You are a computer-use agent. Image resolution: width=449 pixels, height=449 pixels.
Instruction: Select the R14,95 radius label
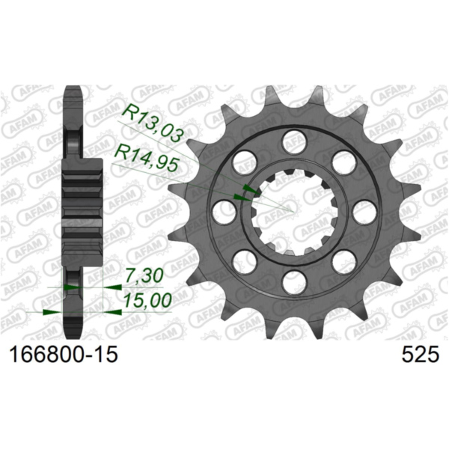coord(147,157)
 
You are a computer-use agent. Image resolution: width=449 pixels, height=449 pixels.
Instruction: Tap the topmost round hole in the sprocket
coord(293,141)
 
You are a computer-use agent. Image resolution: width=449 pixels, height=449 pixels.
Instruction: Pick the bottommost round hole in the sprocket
coord(293,282)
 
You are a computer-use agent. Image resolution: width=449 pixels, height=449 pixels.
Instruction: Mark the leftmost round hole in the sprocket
coord(223,212)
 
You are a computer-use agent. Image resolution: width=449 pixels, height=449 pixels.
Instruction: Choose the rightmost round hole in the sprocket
coord(364,212)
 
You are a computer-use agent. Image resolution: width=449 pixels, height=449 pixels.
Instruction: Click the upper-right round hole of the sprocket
coord(343,162)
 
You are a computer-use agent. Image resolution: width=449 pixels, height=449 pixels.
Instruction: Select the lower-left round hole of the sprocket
coord(244,261)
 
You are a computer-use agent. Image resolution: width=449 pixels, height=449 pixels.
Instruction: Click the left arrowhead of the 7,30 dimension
coord(70,287)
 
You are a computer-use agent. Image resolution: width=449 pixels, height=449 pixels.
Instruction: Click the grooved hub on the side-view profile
coord(83,206)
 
